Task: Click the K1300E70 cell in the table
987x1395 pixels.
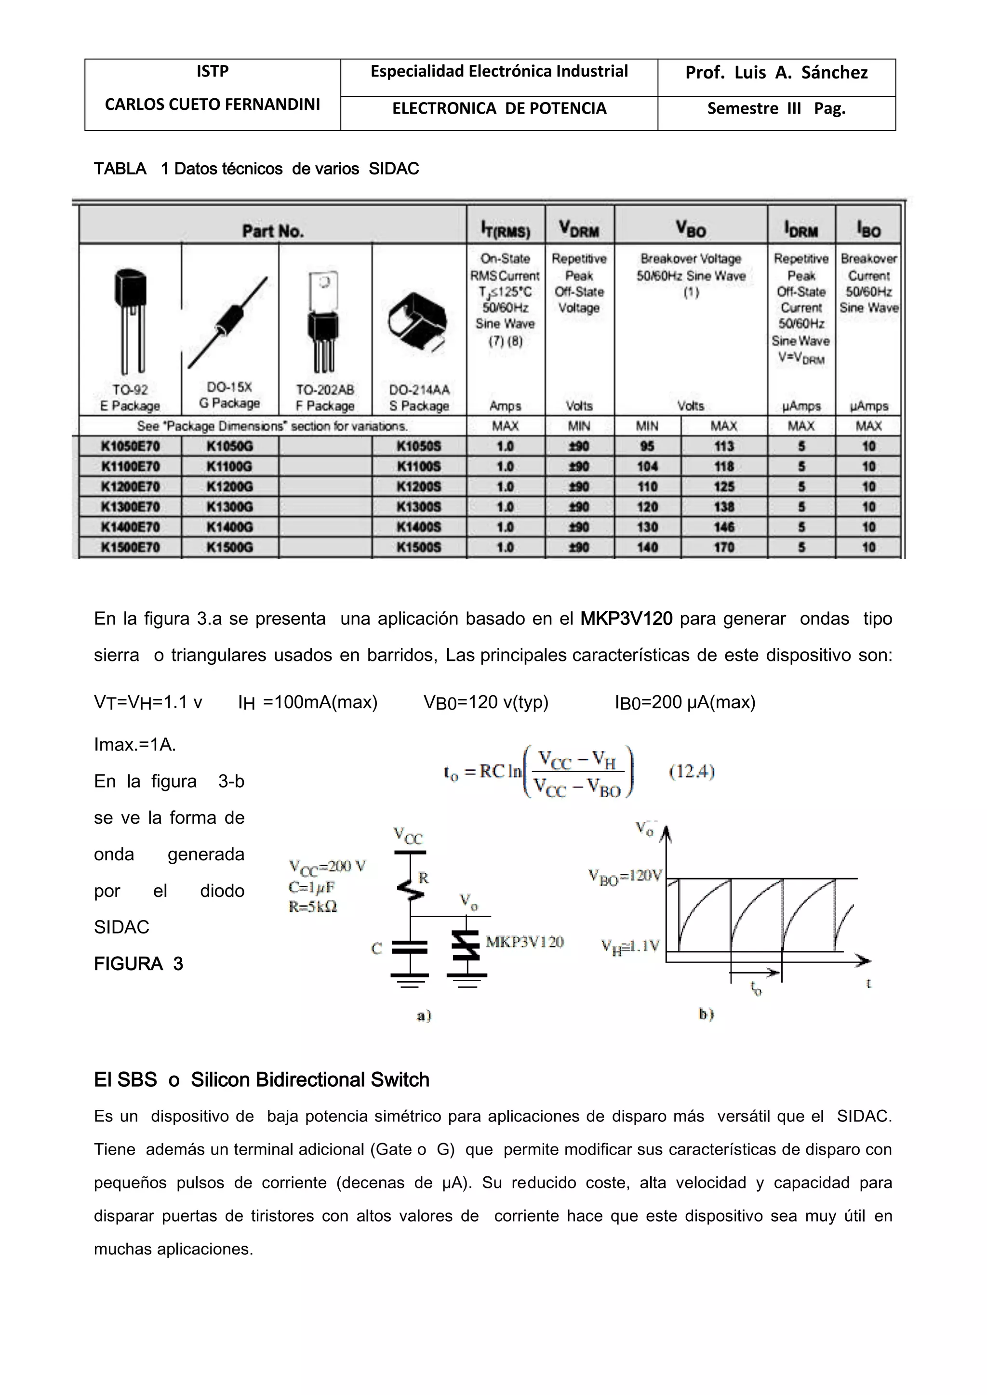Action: pos(130,507)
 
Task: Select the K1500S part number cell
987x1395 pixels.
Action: pos(418,547)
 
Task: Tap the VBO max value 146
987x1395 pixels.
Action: pos(724,527)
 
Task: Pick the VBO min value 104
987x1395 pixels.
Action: pos(647,467)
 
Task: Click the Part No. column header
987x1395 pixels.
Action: pos(273,231)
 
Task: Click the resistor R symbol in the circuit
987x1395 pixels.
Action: pos(410,888)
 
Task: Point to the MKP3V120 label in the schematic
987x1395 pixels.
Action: pos(524,942)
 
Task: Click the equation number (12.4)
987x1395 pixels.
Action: pos(692,772)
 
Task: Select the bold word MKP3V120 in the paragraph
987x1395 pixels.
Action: pos(626,619)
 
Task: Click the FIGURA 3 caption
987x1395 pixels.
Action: pos(139,963)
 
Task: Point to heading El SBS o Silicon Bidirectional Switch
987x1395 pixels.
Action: pos(261,1079)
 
